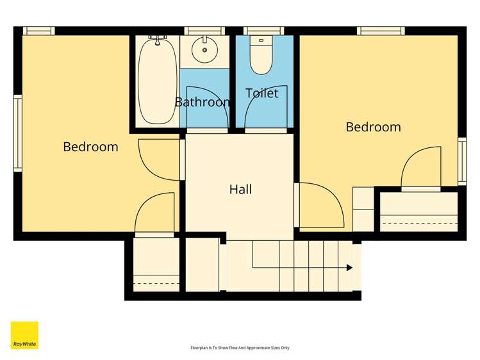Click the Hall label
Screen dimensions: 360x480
240,190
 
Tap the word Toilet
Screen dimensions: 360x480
262,94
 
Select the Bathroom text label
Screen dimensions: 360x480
203,102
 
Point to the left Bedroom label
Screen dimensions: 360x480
90,147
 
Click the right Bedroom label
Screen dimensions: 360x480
373,127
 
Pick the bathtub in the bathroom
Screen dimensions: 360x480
157,80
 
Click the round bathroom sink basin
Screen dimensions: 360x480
205,49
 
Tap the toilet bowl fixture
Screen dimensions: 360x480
261,59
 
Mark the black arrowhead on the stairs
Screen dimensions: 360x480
349,268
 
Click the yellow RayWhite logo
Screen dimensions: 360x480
24,336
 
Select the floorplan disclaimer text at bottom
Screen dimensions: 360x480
240,348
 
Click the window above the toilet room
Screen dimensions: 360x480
263,31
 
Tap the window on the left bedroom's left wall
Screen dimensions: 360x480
18,133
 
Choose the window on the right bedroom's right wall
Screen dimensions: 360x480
462,161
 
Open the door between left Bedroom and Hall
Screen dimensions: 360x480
160,160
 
